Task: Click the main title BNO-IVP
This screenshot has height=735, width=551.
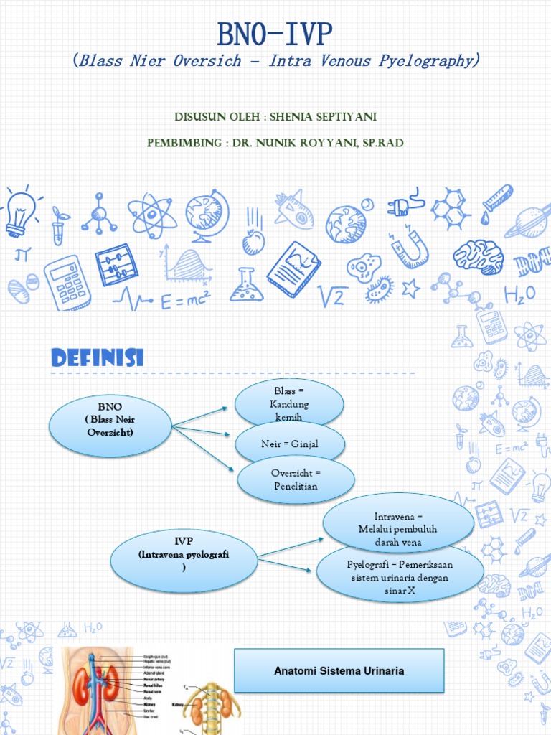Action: [275, 34]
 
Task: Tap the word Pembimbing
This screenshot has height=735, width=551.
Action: [183, 143]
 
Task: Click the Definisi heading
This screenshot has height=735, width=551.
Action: [97, 357]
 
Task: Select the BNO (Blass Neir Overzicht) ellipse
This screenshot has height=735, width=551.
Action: [110, 425]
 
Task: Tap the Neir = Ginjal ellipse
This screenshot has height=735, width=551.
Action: [289, 444]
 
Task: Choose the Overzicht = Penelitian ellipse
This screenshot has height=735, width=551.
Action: [294, 480]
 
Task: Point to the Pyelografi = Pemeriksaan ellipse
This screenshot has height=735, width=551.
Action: [400, 576]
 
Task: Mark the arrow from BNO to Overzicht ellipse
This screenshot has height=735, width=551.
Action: [205, 449]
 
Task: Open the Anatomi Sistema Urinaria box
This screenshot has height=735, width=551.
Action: [339, 671]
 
